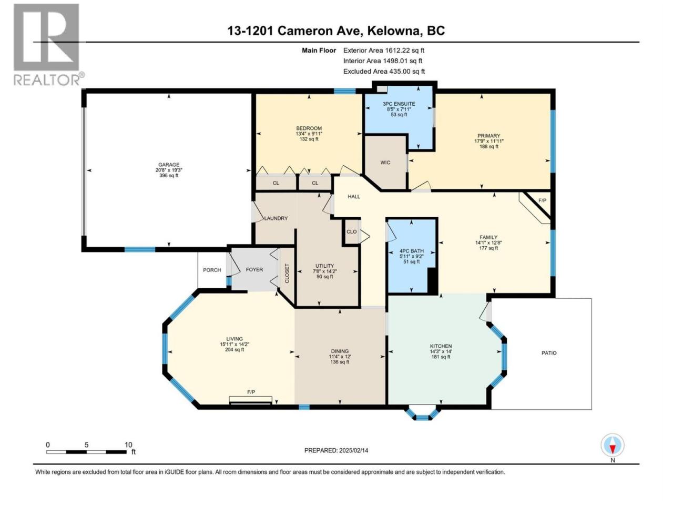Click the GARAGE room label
click(x=169, y=165)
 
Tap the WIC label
click(x=385, y=163)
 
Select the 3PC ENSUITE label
click(x=399, y=104)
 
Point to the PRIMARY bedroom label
click(x=488, y=136)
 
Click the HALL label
click(x=353, y=197)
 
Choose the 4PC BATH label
click(x=411, y=251)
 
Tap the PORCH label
click(x=212, y=270)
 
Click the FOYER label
click(x=254, y=269)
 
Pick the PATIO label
click(x=549, y=353)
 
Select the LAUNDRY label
click(x=276, y=218)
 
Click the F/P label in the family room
click(x=543, y=200)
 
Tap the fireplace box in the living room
click(x=250, y=400)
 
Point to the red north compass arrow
click(x=613, y=449)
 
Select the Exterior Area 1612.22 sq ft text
click(x=384, y=50)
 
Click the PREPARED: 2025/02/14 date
click(x=336, y=450)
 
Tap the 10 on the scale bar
click(x=128, y=445)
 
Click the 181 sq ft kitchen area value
click(x=441, y=357)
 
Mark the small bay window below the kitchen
click(x=422, y=413)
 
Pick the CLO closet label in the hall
click(x=351, y=231)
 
